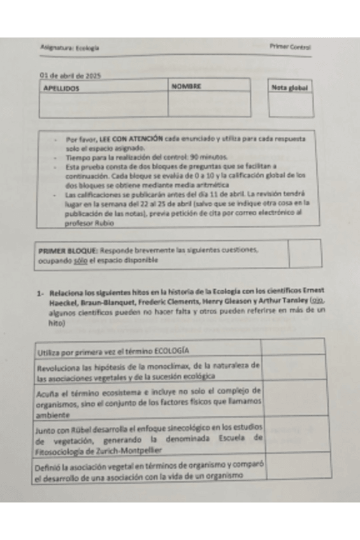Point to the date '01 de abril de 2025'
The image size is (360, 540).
70,75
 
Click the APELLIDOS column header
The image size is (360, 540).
61,88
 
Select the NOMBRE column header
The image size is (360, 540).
186,85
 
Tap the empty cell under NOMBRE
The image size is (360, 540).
208,104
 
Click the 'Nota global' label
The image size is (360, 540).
290,88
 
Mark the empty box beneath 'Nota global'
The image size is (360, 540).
290,106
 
